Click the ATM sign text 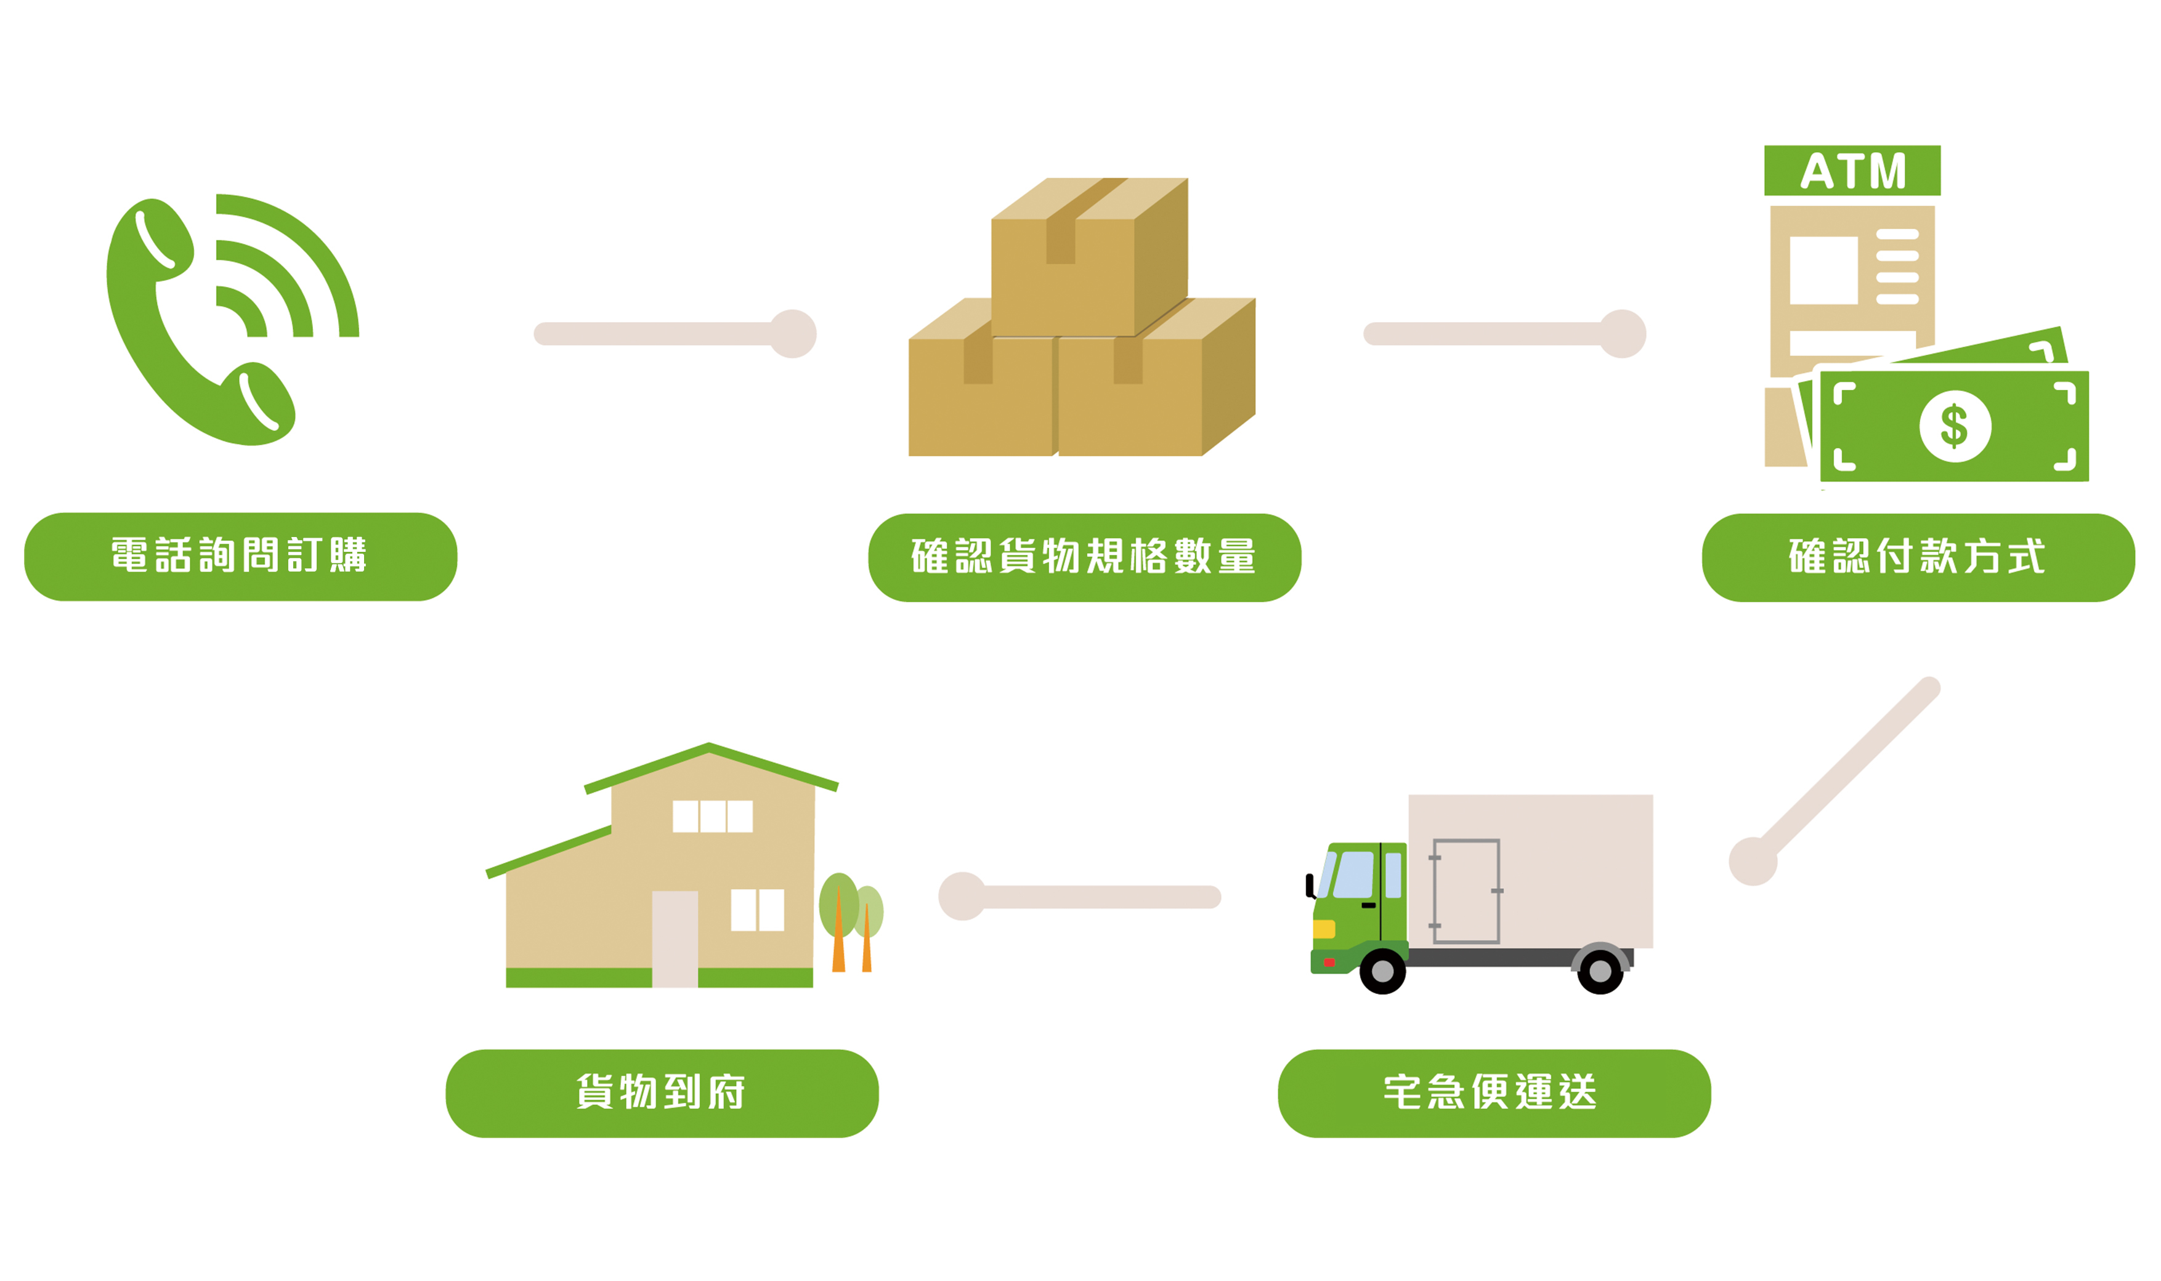[1852, 171]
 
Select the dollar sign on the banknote [1955, 426]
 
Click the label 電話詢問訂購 [240, 556]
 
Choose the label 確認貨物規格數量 [1084, 557]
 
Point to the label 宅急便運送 [1494, 1093]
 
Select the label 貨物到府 [662, 1093]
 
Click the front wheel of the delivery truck [1382, 971]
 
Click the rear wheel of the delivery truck [1600, 971]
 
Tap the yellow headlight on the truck [1324, 929]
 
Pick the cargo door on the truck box [1466, 891]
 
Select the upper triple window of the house [712, 816]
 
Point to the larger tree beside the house [838, 907]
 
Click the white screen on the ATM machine [1823, 270]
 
